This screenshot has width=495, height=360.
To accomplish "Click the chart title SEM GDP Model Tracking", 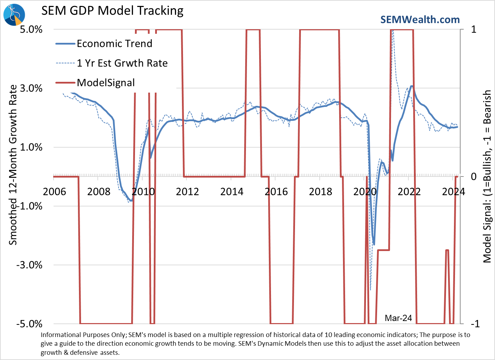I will [x=112, y=11].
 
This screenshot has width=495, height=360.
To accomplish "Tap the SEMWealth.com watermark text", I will [x=420, y=20].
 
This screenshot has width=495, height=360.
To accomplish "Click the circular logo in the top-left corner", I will [x=14, y=15].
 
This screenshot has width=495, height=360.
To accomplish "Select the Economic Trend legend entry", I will [x=114, y=44].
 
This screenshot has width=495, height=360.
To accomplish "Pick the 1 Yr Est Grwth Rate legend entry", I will [x=122, y=63].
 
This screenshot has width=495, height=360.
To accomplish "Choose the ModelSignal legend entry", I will [x=105, y=83].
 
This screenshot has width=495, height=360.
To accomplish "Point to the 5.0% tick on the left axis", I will [x=31, y=29].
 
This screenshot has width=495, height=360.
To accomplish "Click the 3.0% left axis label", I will [x=31, y=88].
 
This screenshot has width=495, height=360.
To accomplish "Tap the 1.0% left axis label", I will [x=31, y=147].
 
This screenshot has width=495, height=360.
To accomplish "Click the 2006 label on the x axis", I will [x=54, y=191].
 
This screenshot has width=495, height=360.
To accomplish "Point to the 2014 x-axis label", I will [x=232, y=191].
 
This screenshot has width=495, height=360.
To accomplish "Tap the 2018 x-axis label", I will [x=320, y=191].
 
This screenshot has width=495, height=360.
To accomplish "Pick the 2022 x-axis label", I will [x=409, y=191].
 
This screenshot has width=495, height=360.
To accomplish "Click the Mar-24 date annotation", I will [x=398, y=318].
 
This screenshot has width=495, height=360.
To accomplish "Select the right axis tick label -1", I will [x=475, y=324].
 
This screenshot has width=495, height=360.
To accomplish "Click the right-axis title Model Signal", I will [x=487, y=176].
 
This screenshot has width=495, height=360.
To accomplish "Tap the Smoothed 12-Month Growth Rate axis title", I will [x=13, y=165].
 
